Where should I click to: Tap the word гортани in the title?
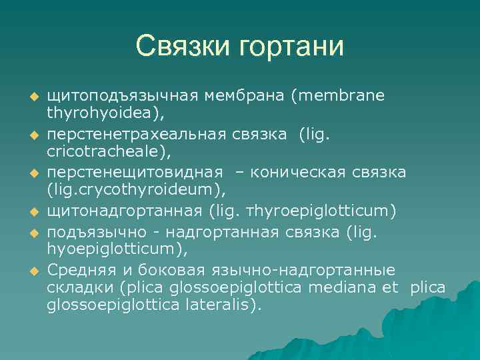(294, 47)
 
